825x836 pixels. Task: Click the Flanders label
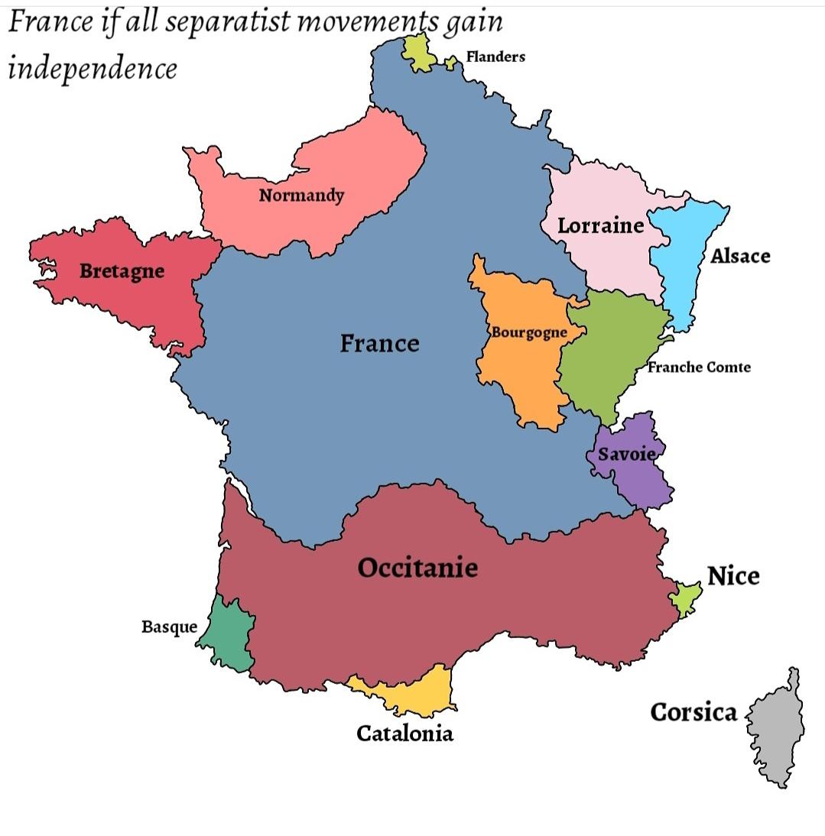495,57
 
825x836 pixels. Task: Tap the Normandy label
301,195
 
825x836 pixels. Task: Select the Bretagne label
122,271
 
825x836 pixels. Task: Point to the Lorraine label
600,225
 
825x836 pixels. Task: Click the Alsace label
740,256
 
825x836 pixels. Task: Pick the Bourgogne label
529,332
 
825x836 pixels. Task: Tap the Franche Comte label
699,367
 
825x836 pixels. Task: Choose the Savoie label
626,454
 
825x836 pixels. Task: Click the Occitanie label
417,568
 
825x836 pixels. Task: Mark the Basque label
169,627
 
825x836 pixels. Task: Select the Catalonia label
404,734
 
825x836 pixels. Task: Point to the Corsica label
693,712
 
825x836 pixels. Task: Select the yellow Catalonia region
417,691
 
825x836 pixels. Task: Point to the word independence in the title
93,69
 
